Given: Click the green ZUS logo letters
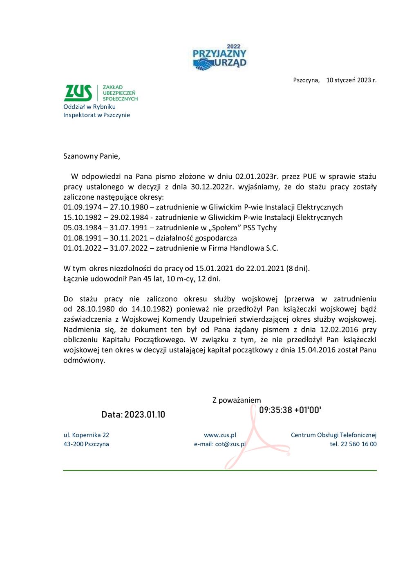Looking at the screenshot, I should click(78, 93).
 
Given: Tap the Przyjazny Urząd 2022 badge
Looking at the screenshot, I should click(219, 58).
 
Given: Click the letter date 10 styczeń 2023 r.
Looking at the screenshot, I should click(351, 80).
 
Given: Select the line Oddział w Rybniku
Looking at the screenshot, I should click(89, 107).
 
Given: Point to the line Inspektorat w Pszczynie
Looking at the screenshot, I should click(96, 115).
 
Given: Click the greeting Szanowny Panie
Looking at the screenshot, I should click(92, 156).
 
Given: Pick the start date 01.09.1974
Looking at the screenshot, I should click(83, 207).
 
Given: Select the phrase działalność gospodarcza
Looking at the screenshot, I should click(196, 238).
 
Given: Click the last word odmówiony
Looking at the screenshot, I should click(84, 360).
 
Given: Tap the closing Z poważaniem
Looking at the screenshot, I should click(236, 400).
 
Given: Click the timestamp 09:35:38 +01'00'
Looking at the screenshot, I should click(290, 410).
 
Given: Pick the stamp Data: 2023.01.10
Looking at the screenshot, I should click(133, 414).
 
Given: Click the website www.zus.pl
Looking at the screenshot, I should click(220, 435).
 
